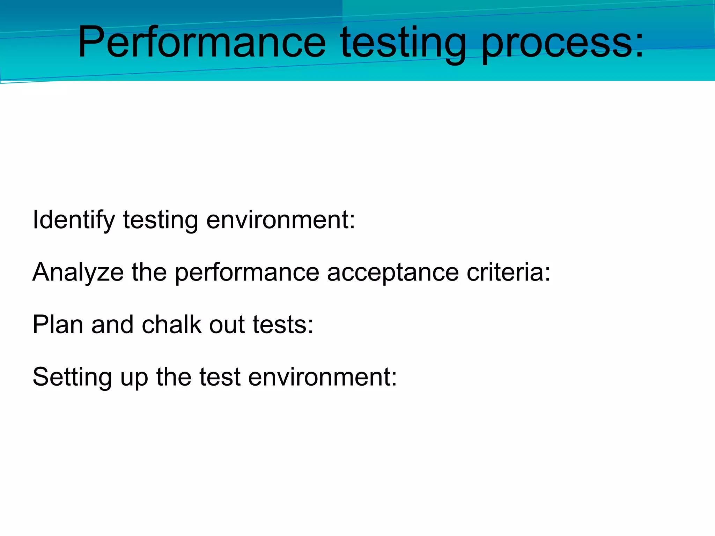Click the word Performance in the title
pos(202,43)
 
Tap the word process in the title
pos(553,44)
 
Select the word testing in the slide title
pos(403,44)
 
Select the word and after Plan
pos(112,325)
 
